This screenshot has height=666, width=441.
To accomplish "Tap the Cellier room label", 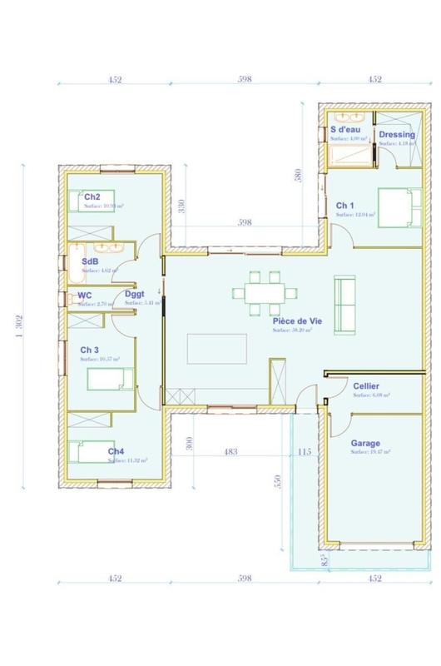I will click(x=367, y=387).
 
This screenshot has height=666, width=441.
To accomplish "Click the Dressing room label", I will click(x=396, y=134).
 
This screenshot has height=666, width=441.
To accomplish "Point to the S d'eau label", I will click(x=345, y=130).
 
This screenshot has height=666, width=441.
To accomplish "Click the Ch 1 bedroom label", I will click(x=345, y=205).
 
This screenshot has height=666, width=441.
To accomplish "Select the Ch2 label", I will click(x=92, y=196).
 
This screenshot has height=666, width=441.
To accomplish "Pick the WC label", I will click(x=85, y=296).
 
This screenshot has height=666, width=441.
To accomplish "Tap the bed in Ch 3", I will click(x=109, y=381).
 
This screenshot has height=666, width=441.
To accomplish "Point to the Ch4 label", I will click(x=116, y=451).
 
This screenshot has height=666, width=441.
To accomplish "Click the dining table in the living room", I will click(x=265, y=291).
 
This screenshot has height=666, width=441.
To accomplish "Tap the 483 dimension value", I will click(x=230, y=452).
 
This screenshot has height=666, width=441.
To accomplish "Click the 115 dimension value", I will click(x=305, y=452).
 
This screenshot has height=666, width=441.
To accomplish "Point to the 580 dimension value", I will click(x=310, y=176).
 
